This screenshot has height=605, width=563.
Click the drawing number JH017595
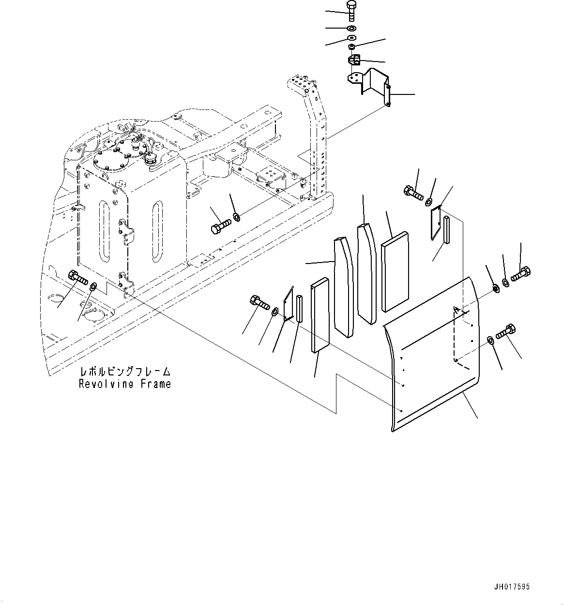coord(512,587)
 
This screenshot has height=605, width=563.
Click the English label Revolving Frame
coord(125,384)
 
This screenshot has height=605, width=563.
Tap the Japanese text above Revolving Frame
coord(125,372)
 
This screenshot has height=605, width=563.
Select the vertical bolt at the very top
coord(351,11)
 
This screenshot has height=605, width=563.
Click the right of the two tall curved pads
coord(366,272)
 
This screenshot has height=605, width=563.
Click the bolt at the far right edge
coord(521,275)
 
